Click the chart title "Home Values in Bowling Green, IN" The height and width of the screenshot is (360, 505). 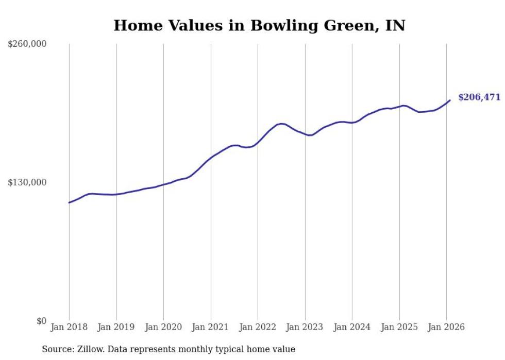(259, 25)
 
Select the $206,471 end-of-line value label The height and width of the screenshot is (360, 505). (479, 97)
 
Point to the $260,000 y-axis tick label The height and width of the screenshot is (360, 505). (27, 44)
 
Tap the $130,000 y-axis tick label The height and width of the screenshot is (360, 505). (27, 183)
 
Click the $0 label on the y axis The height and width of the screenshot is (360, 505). (41, 321)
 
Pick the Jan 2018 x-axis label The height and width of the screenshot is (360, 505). (69, 328)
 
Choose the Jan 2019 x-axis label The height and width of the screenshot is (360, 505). (116, 328)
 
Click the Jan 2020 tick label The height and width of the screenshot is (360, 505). (163, 328)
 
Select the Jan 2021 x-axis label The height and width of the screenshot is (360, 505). (211, 328)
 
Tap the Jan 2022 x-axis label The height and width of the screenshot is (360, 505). (258, 328)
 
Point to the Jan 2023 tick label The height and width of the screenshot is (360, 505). (305, 328)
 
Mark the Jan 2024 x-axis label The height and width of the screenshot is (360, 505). (352, 328)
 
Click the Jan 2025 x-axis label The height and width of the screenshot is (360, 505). (399, 328)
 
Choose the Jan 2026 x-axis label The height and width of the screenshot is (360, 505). (446, 328)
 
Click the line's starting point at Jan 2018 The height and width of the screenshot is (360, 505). (69, 202)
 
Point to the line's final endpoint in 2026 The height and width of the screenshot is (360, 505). (450, 100)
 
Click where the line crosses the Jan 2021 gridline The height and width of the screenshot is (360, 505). (211, 157)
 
